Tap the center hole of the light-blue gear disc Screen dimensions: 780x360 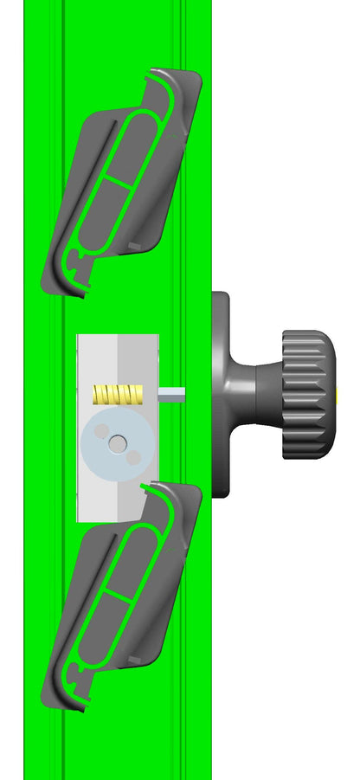pos(117,443)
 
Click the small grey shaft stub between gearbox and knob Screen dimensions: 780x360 pos(172,394)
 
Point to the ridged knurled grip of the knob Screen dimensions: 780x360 pos(307,394)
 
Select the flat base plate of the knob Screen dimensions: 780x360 pos(221,394)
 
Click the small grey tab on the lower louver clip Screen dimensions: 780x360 pos(134,661)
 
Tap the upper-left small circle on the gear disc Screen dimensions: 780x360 pos(101,430)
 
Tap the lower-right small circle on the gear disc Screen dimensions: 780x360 pos(132,456)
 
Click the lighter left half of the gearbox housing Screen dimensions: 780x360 pos(97,364)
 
